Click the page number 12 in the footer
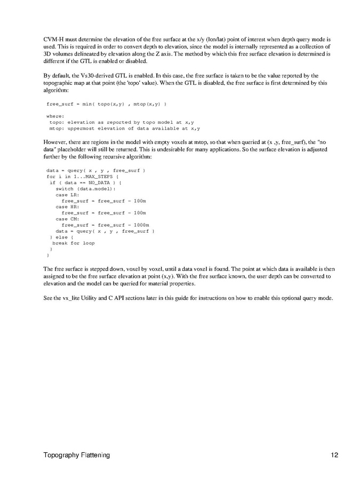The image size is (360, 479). (x=334, y=455)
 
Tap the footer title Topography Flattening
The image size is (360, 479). (x=77, y=455)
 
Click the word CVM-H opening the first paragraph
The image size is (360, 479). (x=55, y=40)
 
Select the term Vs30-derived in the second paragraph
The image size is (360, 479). (x=99, y=76)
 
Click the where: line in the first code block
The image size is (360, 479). (x=55, y=116)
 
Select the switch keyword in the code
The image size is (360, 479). (x=65, y=189)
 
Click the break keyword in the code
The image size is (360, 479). (x=60, y=243)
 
